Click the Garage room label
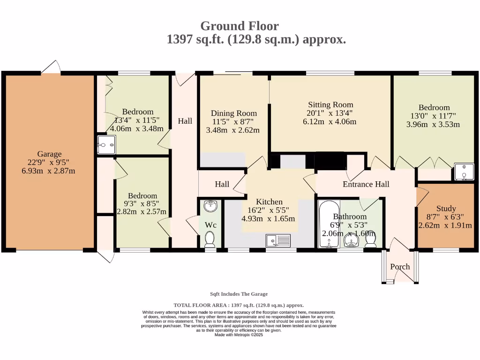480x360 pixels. [x=49, y=154]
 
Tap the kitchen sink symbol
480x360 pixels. [x=278, y=240]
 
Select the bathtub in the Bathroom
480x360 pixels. [x=329, y=224]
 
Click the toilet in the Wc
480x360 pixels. [x=210, y=239]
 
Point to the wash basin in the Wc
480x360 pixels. [x=210, y=206]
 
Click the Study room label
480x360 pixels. [x=446, y=209]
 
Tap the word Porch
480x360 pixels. [x=400, y=267]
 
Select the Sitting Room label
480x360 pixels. [x=330, y=105]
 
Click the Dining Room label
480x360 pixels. [x=234, y=113]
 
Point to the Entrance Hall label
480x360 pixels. [x=366, y=184]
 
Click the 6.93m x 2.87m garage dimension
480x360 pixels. [x=48, y=171]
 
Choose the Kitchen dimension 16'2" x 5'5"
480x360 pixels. [x=268, y=210]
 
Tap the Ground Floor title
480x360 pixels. [x=240, y=26]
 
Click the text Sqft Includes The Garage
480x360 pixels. [x=239, y=294]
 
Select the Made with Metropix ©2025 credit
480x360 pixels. [x=239, y=335]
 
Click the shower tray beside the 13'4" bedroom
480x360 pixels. [x=106, y=144]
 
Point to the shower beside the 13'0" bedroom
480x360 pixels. [x=464, y=172]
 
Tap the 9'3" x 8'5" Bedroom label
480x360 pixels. [x=142, y=195]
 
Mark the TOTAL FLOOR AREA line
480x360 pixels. [x=239, y=305]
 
